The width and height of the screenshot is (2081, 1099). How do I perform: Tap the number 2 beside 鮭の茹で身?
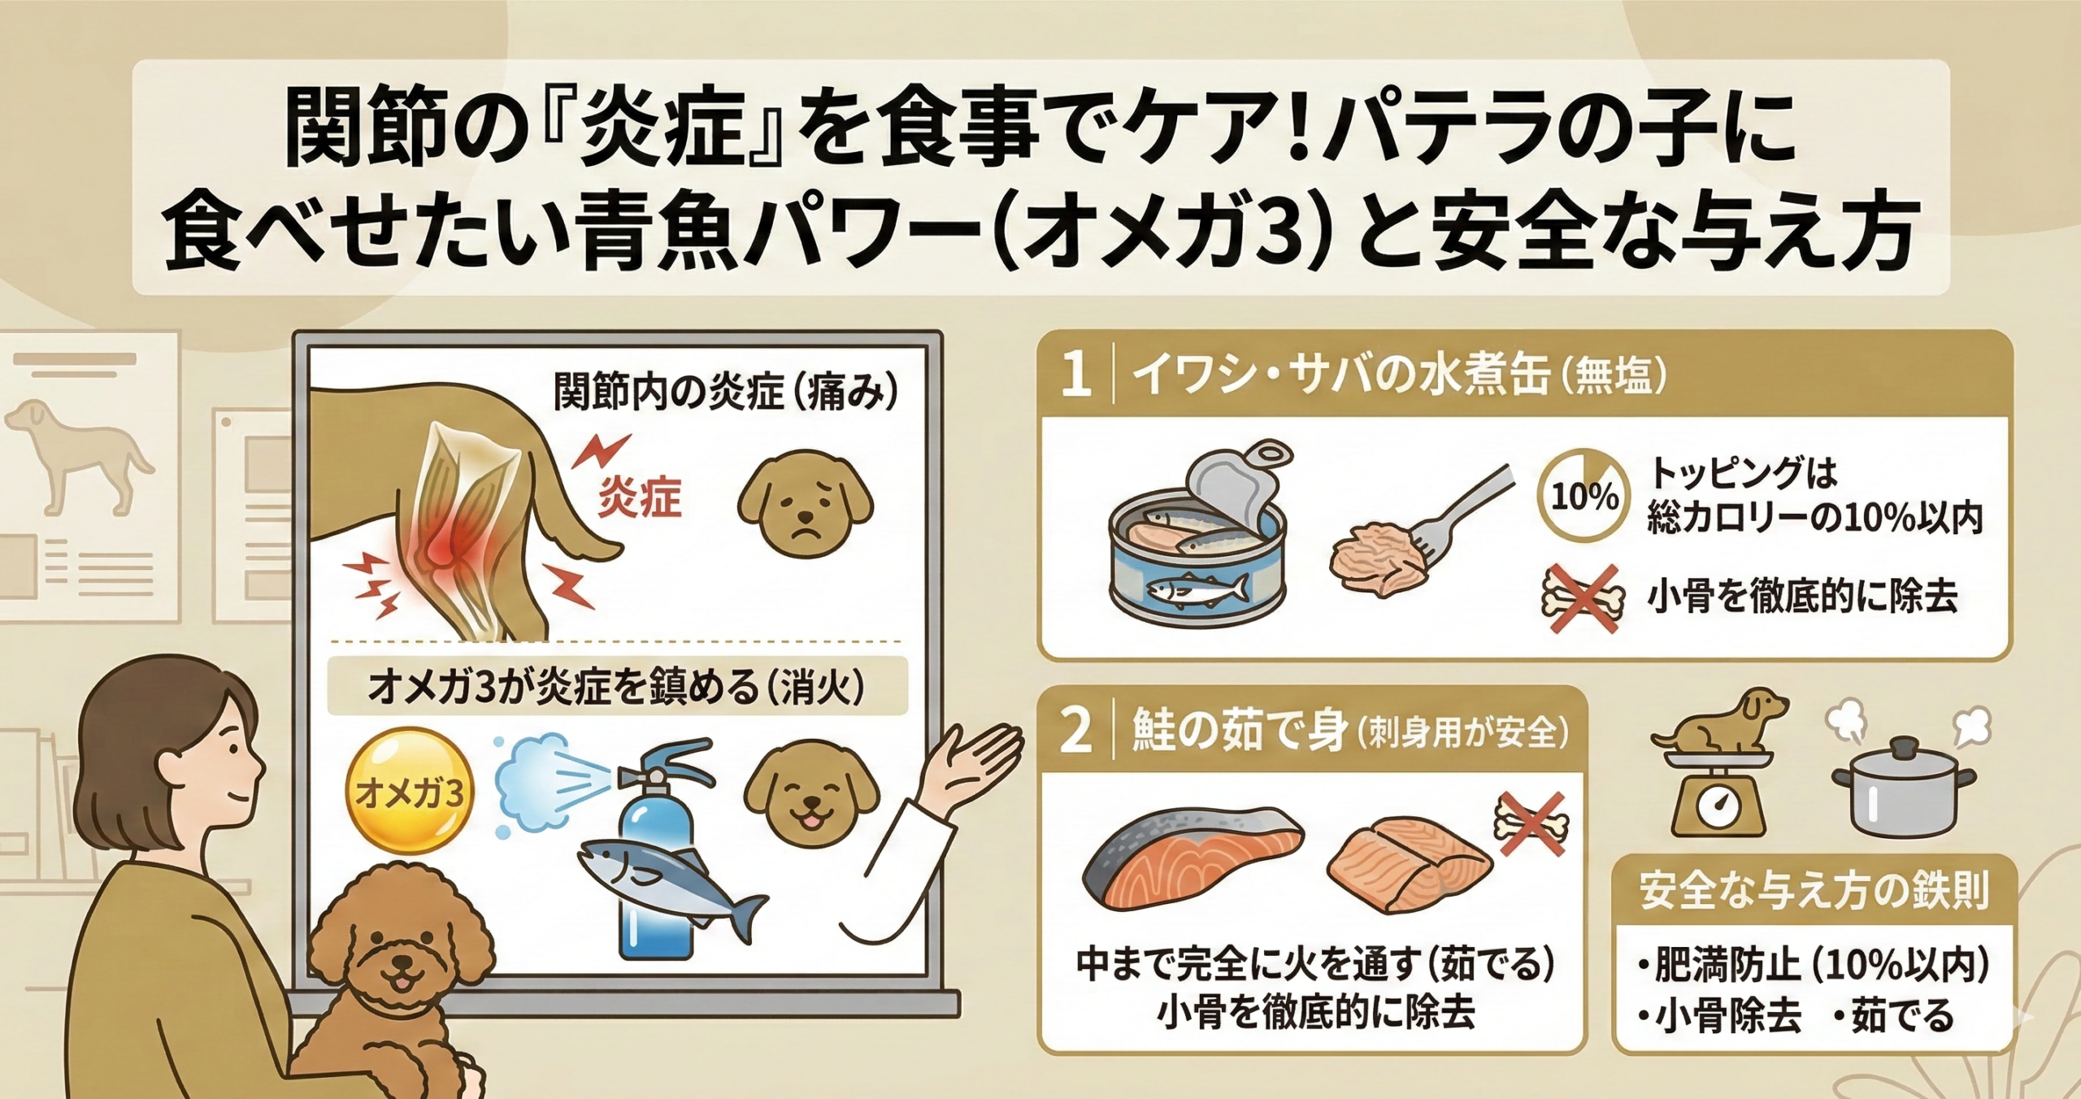pyautogui.click(x=1075, y=731)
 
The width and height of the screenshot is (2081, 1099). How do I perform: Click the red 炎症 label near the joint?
pyautogui.click(x=640, y=497)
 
